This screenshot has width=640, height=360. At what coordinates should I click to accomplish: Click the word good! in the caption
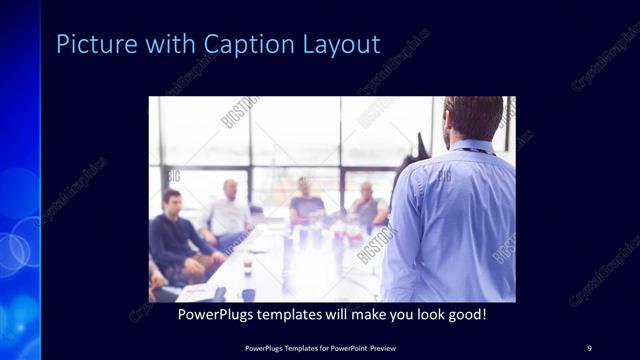click(464, 315)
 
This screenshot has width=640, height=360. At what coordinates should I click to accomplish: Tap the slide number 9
click(589, 347)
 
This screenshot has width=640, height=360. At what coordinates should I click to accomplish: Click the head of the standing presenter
click(473, 118)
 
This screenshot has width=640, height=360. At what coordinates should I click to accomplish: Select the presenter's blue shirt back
click(450, 220)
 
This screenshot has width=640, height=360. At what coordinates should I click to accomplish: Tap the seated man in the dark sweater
click(174, 235)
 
